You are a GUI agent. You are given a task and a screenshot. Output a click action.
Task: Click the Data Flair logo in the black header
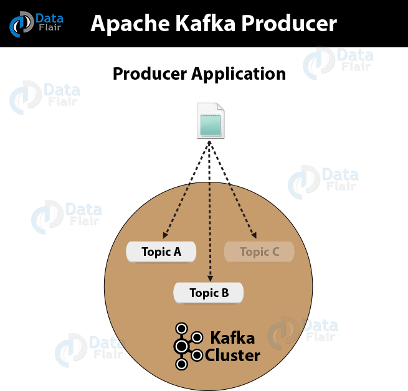pyautogui.click(x=36, y=23)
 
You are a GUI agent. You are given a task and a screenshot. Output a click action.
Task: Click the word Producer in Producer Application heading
pyautogui.click(x=149, y=74)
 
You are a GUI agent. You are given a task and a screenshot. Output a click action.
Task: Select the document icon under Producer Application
pyautogui.click(x=211, y=121)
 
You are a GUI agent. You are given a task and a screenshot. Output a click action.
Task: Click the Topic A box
pyautogui.click(x=161, y=252)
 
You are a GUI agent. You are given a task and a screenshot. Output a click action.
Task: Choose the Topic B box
pyautogui.click(x=209, y=293)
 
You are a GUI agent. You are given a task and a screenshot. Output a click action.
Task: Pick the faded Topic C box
pyautogui.click(x=259, y=252)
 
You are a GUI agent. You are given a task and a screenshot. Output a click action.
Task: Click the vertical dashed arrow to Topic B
pyautogui.click(x=211, y=212)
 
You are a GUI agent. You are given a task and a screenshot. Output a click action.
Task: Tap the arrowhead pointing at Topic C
pyautogui.click(x=254, y=235)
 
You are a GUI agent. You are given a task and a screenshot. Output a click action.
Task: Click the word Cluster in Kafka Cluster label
pyautogui.click(x=232, y=356)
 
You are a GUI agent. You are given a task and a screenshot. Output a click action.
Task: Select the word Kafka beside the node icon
pyautogui.click(x=232, y=338)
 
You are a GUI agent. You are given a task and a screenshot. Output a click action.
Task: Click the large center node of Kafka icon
pyautogui.click(x=181, y=346)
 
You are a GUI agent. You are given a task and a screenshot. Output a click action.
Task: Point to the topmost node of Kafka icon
pyautogui.click(x=181, y=328)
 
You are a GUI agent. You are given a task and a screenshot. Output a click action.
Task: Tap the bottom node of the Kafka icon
pyautogui.click(x=181, y=364)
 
